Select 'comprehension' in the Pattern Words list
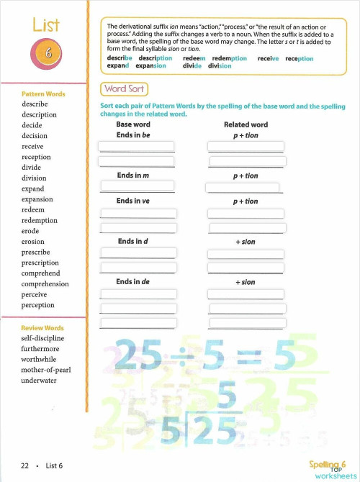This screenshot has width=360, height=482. coord(45,284)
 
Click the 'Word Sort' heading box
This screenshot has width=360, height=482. coord(125,89)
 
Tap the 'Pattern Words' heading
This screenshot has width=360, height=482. coord(44,94)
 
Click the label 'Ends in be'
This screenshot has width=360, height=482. coord(133,135)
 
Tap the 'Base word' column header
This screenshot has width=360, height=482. coord(133,124)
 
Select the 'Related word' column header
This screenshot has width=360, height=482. coord(246,124)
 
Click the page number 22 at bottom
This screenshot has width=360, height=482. coord(24,465)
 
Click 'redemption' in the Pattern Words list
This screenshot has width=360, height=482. coord(40,220)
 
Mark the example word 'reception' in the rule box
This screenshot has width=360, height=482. coord(299,58)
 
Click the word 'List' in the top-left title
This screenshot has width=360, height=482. coord(46,25)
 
